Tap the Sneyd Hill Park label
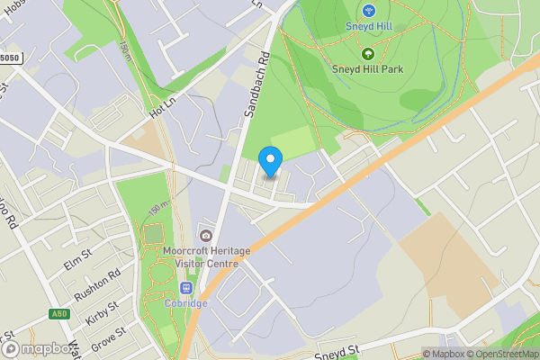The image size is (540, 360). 367,69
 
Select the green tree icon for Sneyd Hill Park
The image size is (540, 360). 367,54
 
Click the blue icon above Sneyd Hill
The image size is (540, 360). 368,11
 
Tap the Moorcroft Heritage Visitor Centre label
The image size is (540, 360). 201,256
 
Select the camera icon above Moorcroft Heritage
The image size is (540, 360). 206,236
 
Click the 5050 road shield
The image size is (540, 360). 9,58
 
